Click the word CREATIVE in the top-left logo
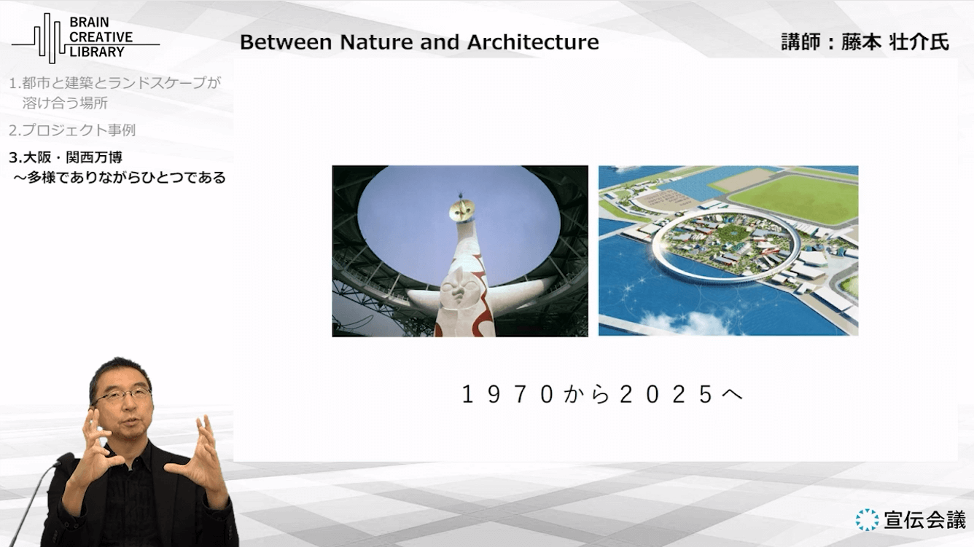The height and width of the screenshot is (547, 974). pyautogui.click(x=101, y=37)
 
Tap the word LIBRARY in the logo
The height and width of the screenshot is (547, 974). pyautogui.click(x=97, y=52)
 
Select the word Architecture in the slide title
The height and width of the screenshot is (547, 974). pyautogui.click(x=533, y=42)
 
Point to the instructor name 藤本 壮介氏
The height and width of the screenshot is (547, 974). pyautogui.click(x=895, y=42)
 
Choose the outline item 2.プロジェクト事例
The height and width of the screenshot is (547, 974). pyautogui.click(x=72, y=130)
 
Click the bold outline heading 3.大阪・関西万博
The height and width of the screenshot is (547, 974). pyautogui.click(x=66, y=157)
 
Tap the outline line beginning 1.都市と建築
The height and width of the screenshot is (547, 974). pyautogui.click(x=114, y=82)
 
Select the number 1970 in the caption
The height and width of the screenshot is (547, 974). pyautogui.click(x=507, y=395)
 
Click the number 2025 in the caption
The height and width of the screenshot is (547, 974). pyautogui.click(x=666, y=395)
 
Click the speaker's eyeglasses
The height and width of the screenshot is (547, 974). pyautogui.click(x=123, y=396)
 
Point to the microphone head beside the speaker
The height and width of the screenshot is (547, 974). pyautogui.click(x=64, y=460)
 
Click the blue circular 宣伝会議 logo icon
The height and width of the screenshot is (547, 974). pyautogui.click(x=867, y=519)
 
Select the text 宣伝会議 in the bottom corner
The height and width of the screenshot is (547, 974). pyautogui.click(x=924, y=520)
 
